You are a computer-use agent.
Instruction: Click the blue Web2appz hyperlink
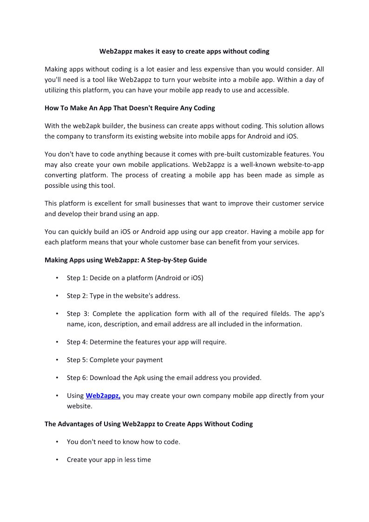pos(103,396)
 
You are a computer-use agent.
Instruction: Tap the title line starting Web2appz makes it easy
pos(184,51)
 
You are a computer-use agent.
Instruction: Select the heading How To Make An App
pos(130,108)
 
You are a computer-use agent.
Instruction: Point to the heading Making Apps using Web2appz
pos(125,260)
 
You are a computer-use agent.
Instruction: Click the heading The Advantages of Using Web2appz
pos(148,424)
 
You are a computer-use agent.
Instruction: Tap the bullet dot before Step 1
pos(57,278)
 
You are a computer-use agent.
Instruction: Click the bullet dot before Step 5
pos(57,360)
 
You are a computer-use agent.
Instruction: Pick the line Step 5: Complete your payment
pos(114,360)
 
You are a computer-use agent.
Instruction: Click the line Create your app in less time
pos(109,460)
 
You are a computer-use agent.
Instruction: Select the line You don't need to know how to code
pos(123,442)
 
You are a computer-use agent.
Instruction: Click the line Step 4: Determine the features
pos(146,342)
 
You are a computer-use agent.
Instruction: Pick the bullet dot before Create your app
pos(57,460)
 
